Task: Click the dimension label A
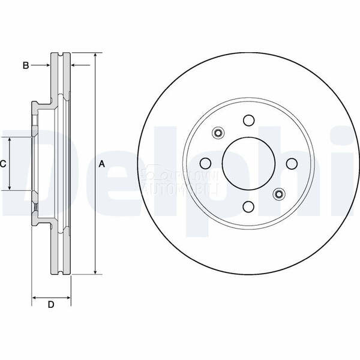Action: [x=102, y=164]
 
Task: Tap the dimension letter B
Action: [x=26, y=65]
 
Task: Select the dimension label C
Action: [x=3, y=164]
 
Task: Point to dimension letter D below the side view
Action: [x=51, y=305]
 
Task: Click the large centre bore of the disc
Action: [x=248, y=163]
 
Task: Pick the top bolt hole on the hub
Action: [x=248, y=121]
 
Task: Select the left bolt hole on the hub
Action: [x=205, y=163]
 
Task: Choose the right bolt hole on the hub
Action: [x=292, y=163]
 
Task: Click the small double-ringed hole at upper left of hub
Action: [x=218, y=133]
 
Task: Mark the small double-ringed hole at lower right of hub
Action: [x=278, y=193]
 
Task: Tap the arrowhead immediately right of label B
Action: [x=46, y=65]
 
